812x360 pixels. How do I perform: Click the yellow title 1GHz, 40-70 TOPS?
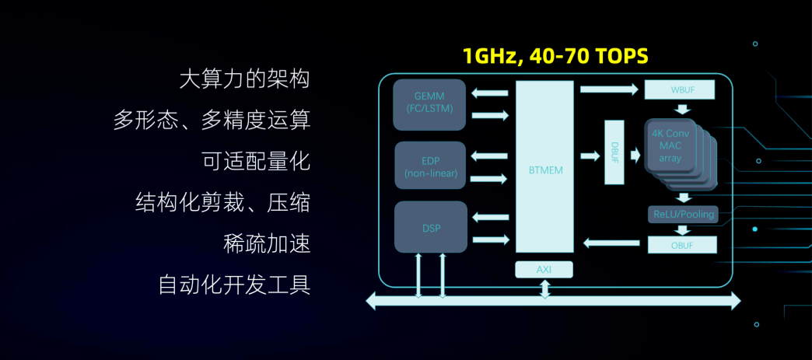555,56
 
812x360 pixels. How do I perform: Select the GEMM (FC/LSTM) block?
429,102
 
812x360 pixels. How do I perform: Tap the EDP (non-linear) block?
430,165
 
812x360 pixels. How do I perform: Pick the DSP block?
430,227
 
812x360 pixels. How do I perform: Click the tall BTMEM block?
544,166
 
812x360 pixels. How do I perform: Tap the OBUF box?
681,244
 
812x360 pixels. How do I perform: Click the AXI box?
544,269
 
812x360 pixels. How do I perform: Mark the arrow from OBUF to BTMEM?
611,243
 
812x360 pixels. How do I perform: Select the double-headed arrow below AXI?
544,288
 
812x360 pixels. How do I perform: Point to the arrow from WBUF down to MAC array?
681,109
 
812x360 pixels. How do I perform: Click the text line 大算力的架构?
244,79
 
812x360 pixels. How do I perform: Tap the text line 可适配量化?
256,161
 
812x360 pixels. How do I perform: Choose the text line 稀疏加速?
266,243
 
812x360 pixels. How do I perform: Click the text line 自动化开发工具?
234,285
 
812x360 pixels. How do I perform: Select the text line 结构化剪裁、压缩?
222,202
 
